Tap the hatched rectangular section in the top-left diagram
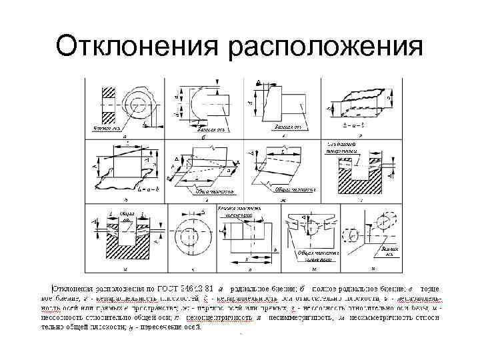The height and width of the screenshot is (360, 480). point(107,103)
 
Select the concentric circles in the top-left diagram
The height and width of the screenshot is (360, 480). point(137,105)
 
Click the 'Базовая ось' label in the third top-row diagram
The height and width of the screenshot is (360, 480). point(289,126)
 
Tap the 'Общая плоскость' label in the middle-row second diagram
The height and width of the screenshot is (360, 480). point(213,191)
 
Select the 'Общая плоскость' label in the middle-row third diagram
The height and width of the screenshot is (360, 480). point(294,189)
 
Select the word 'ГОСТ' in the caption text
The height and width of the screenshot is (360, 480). point(179,288)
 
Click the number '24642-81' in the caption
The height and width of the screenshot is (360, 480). point(204,288)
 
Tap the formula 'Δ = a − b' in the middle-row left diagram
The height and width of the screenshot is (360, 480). point(145,190)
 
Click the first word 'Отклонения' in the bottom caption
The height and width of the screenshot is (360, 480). point(74,288)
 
